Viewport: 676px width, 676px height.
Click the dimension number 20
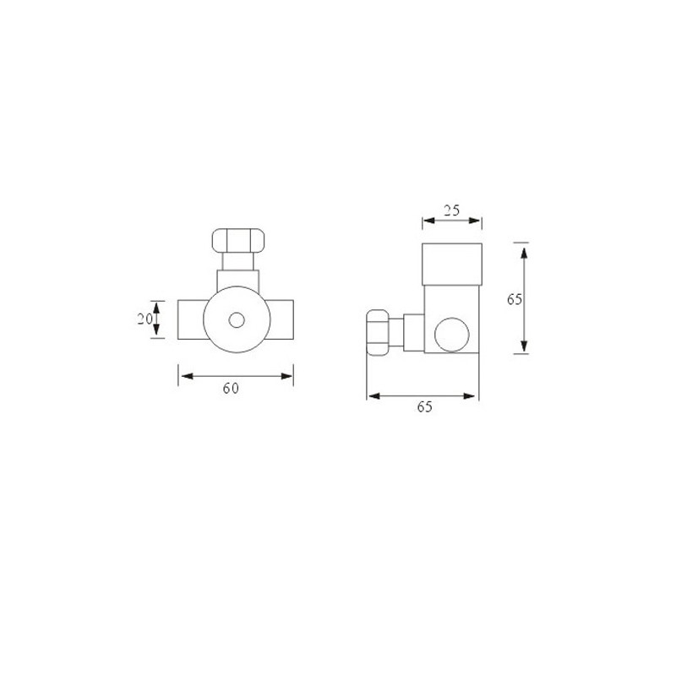click(x=144, y=319)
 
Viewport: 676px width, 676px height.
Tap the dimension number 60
click(x=232, y=388)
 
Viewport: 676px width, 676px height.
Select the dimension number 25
click(x=451, y=210)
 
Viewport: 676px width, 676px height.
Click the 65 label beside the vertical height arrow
click(x=515, y=298)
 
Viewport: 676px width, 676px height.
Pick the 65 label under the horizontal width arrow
click(x=424, y=407)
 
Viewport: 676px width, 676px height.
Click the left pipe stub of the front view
click(x=191, y=319)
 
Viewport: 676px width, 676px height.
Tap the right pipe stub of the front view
click(x=282, y=319)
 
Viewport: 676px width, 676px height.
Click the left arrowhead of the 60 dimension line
click(x=183, y=373)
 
